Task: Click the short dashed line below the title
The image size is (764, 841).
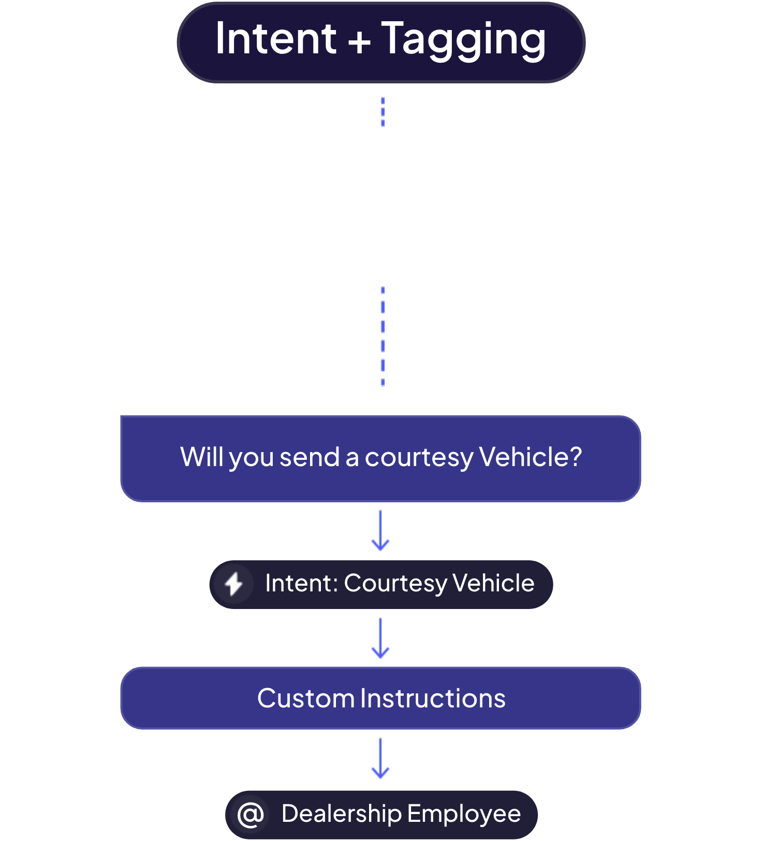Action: coord(383,112)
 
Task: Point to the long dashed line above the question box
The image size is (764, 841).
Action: coord(383,337)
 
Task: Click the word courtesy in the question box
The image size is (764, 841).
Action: coord(419,458)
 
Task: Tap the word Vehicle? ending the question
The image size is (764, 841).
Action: coord(531,457)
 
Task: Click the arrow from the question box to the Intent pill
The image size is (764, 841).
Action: coord(380,530)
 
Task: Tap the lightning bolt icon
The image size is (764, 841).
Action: coord(233,585)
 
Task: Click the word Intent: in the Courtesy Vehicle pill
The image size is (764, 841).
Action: coord(301,583)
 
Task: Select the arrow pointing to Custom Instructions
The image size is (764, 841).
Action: coord(380,638)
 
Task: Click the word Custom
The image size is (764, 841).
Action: coord(306,698)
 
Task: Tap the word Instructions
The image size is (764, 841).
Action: coord(433,698)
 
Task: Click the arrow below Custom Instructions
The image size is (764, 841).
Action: coord(380,758)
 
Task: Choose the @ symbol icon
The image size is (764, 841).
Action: coord(251,815)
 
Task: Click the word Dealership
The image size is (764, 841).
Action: coord(341,815)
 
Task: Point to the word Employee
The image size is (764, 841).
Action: coord(464,815)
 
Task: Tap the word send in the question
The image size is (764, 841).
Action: coord(309,457)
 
